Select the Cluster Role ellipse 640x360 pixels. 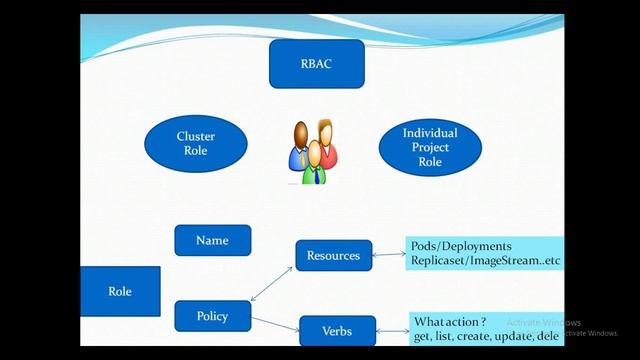(196, 143)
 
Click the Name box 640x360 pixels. (212, 240)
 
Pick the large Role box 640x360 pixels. (120, 292)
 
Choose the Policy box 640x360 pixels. (212, 316)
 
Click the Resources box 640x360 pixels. (333, 255)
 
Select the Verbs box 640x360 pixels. (337, 330)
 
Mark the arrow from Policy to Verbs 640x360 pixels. (275, 323)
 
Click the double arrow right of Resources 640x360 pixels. (388, 254)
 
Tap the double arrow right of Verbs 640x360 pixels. (392, 329)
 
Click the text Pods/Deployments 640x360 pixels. (461, 246)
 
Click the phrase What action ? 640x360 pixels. (450, 322)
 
